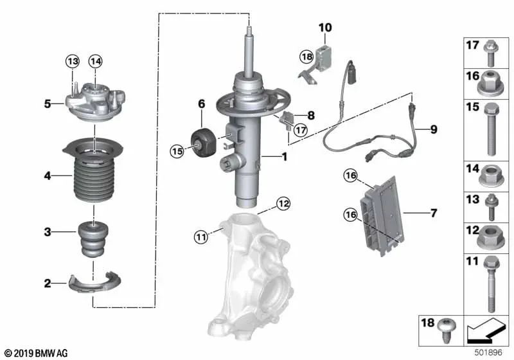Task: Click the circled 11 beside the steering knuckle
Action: coord(201,238)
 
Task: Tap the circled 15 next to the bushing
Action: coord(178,150)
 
